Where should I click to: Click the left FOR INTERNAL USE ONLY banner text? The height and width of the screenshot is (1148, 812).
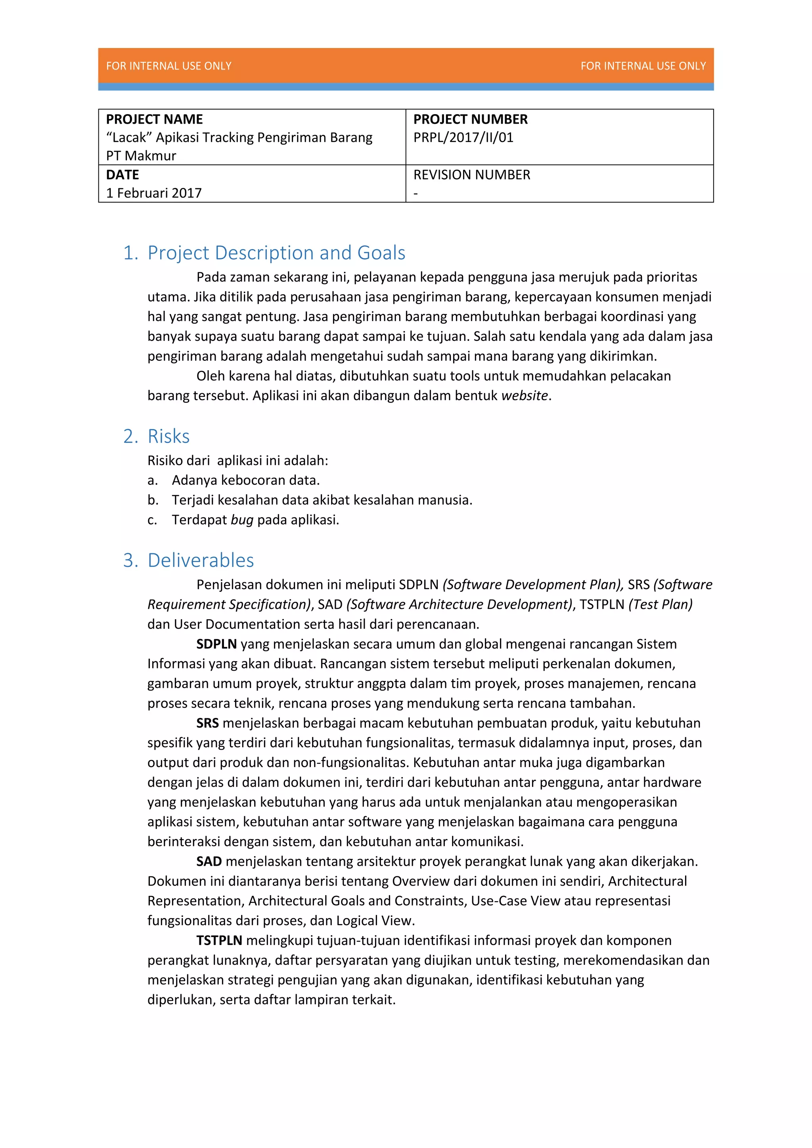pyautogui.click(x=169, y=66)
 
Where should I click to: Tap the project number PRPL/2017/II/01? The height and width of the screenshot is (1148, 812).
pyautogui.click(x=463, y=138)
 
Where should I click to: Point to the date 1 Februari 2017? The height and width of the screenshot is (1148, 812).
pyautogui.click(x=153, y=193)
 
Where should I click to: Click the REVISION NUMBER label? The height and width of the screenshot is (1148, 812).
pyautogui.click(x=471, y=175)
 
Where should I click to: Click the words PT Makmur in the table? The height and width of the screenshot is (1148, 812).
pyautogui.click(x=141, y=156)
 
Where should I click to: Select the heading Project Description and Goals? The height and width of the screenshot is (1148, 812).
pyautogui.click(x=276, y=253)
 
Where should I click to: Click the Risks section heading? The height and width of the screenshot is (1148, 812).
pyautogui.click(x=169, y=436)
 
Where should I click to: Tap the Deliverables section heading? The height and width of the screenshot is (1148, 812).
pyautogui.click(x=201, y=561)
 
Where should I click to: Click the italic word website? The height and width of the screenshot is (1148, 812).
pyautogui.click(x=525, y=396)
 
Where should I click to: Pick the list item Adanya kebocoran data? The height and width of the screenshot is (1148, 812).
pyautogui.click(x=245, y=480)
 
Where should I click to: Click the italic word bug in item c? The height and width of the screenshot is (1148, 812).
pyautogui.click(x=242, y=520)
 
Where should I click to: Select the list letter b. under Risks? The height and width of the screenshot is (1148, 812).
pyautogui.click(x=153, y=501)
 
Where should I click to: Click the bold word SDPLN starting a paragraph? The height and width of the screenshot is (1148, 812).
pyautogui.click(x=216, y=644)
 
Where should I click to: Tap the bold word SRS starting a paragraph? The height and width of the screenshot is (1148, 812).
pyautogui.click(x=207, y=723)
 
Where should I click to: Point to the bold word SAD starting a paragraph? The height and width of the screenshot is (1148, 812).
pyautogui.click(x=209, y=861)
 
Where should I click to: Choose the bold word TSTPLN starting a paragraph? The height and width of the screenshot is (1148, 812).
pyautogui.click(x=219, y=941)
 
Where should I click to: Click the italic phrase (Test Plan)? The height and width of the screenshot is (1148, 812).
pyautogui.click(x=660, y=605)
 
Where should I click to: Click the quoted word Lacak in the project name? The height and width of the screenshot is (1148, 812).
pyautogui.click(x=129, y=138)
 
